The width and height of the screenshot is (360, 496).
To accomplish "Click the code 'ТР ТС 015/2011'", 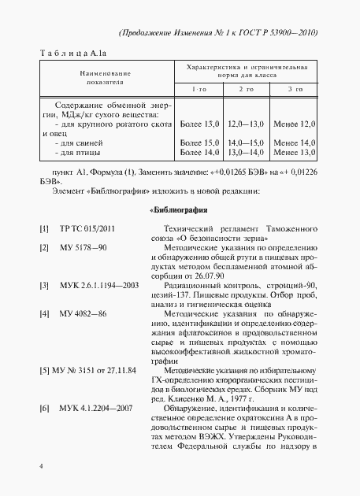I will click(87, 228).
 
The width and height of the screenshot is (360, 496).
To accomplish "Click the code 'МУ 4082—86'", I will click(84, 313).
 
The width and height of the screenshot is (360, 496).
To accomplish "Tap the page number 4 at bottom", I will click(40, 466).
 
